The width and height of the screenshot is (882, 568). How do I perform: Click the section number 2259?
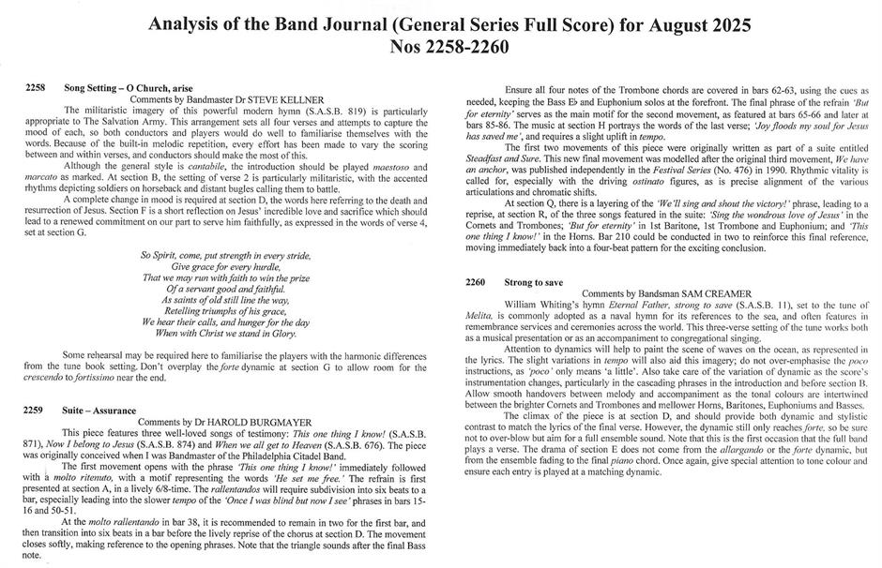pyautogui.click(x=36, y=411)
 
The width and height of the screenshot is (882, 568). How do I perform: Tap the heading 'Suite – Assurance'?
pyautogui.click(x=100, y=411)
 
